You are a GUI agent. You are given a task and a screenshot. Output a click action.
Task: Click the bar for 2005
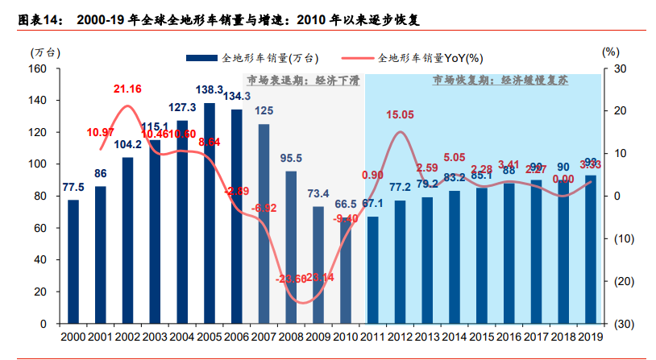(x=210, y=213)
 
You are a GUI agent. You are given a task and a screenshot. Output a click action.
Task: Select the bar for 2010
(x=346, y=271)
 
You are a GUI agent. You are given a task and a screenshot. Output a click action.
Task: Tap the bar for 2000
(x=73, y=262)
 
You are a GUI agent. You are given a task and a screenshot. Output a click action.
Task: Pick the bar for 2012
(x=401, y=262)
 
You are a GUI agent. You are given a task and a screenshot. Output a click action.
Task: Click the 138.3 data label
(x=210, y=89)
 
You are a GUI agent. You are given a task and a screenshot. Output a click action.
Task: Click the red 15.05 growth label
(x=400, y=115)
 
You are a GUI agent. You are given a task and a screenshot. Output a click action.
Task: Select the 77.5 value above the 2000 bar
(x=73, y=188)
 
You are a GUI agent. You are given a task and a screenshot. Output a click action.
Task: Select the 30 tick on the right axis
(x=621, y=68)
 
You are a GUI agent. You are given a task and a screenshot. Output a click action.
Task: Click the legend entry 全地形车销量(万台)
(x=259, y=57)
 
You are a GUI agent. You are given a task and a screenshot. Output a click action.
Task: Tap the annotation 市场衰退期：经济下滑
(x=303, y=81)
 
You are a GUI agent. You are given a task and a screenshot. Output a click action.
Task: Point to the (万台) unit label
(x=44, y=51)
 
